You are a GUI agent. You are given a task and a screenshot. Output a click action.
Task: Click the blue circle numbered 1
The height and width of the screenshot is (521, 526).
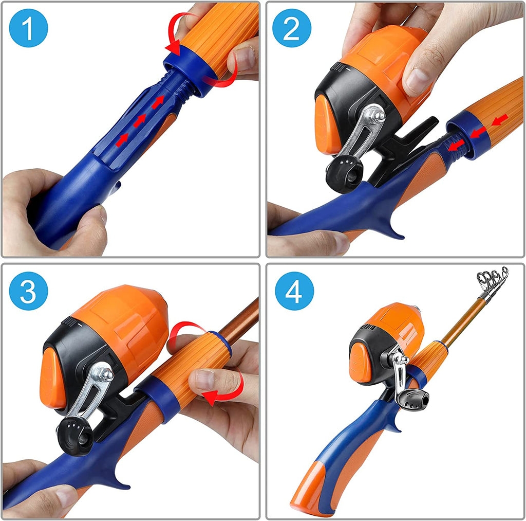click(28, 29)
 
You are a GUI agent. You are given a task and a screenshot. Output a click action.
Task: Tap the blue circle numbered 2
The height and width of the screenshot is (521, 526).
click(291, 29)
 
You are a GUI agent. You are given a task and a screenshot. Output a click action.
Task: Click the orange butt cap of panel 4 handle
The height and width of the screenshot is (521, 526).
click(308, 491)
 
